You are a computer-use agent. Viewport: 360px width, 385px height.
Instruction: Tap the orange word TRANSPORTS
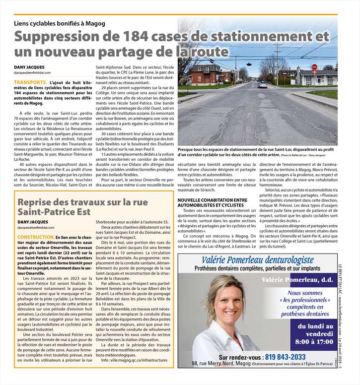click(x=31, y=81)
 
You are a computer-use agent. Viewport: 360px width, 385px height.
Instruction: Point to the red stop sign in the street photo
click(x=314, y=67)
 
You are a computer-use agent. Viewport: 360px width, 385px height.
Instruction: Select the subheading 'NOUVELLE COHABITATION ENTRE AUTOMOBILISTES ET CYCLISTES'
click(x=213, y=202)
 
